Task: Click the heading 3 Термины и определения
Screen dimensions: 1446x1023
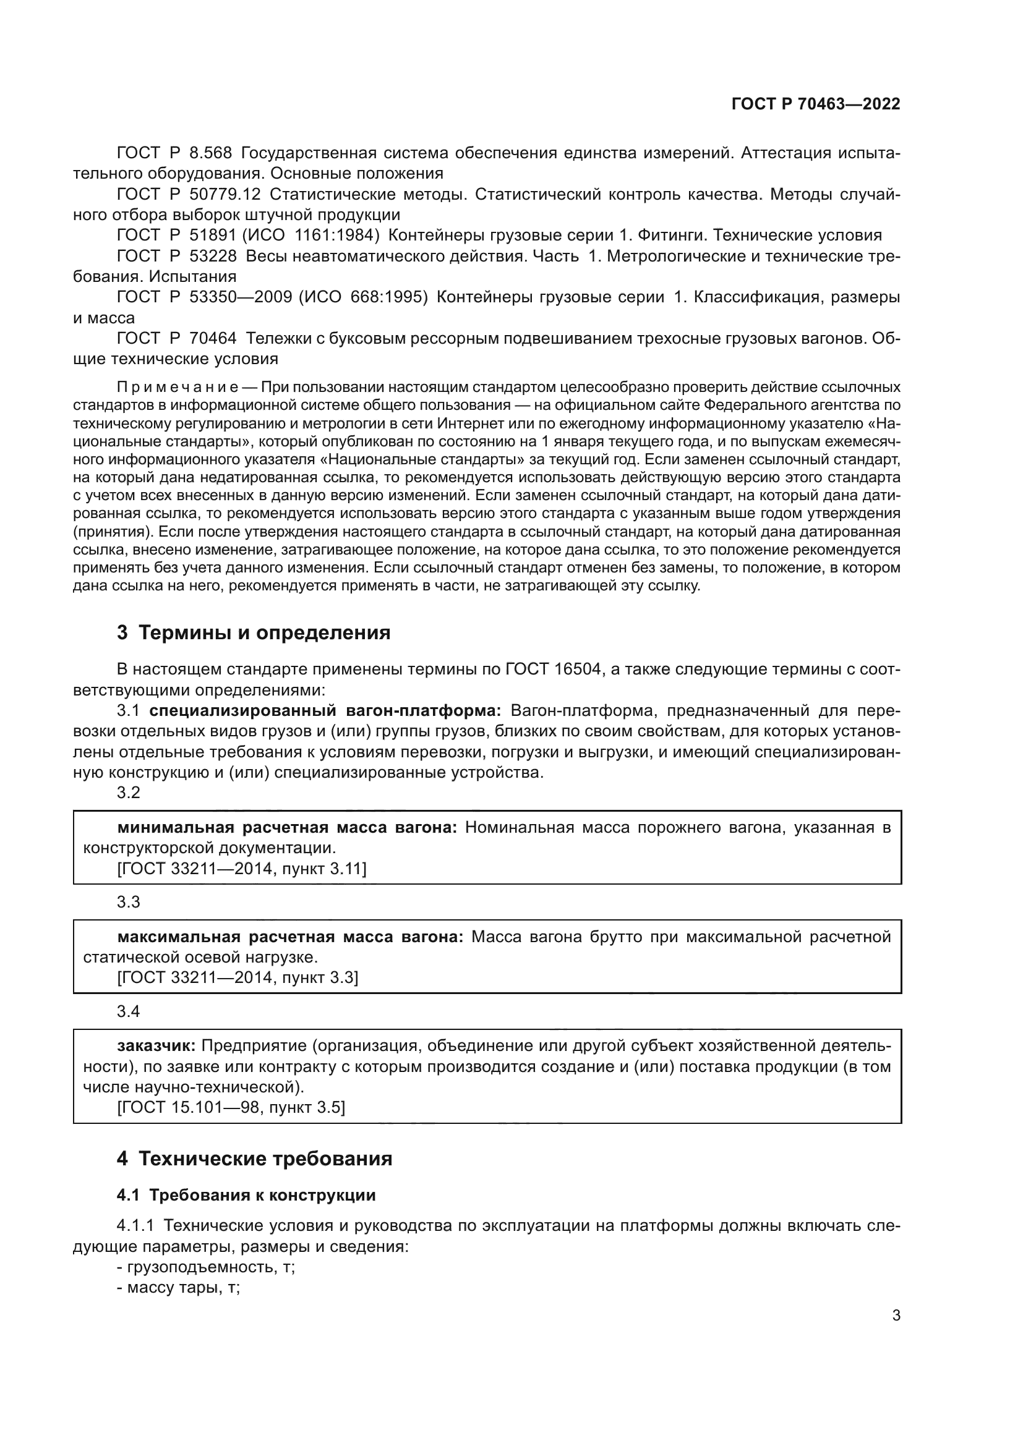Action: [x=253, y=632]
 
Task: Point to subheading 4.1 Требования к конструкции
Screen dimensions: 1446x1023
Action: [x=246, y=1196]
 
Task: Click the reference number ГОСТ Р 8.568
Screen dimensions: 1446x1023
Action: [x=174, y=153]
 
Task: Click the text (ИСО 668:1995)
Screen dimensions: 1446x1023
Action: [x=364, y=297]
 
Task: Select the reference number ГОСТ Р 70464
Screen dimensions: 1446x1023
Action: [x=176, y=339]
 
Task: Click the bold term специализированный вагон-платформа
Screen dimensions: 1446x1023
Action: [x=325, y=711]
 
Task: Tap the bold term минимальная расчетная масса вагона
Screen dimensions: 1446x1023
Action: [x=287, y=828]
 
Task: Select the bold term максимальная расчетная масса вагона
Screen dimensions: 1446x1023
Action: [x=289, y=937]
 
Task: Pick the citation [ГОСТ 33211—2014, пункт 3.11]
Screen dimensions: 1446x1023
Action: [x=241, y=869]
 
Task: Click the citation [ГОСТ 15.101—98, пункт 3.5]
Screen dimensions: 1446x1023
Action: [x=231, y=1107]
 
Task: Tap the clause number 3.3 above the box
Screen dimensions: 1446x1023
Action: [x=129, y=903]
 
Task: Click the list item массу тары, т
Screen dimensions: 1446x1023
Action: [x=178, y=1288]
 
